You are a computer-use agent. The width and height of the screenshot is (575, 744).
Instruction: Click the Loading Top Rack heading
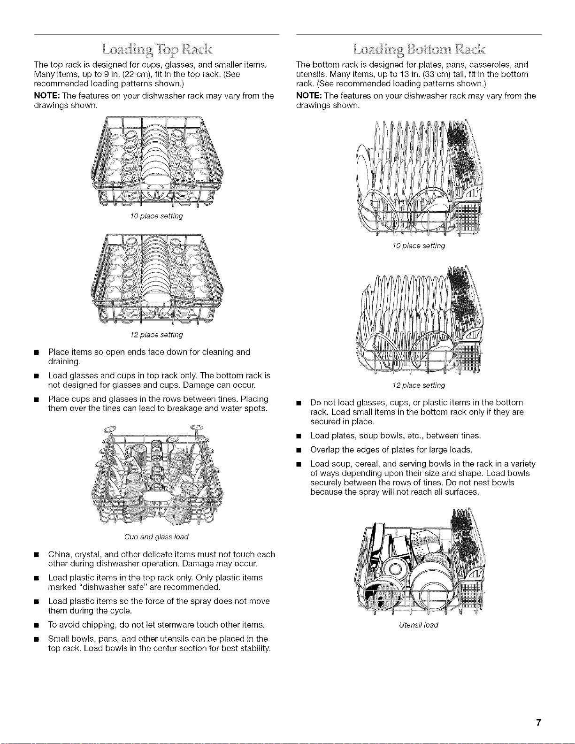157,50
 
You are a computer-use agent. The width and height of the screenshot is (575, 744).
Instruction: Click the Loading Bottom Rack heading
419,50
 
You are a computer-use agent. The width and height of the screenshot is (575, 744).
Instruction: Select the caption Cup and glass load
156,537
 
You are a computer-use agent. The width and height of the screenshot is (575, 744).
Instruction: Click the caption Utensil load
419,625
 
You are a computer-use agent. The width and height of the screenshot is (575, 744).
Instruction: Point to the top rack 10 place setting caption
156,216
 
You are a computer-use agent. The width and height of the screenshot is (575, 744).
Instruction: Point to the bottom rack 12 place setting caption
419,385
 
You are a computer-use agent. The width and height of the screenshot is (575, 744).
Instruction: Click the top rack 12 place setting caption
156,335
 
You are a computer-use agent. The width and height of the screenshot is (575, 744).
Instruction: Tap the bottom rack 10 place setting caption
419,246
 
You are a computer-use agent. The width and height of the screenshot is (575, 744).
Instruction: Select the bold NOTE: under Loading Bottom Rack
309,96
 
